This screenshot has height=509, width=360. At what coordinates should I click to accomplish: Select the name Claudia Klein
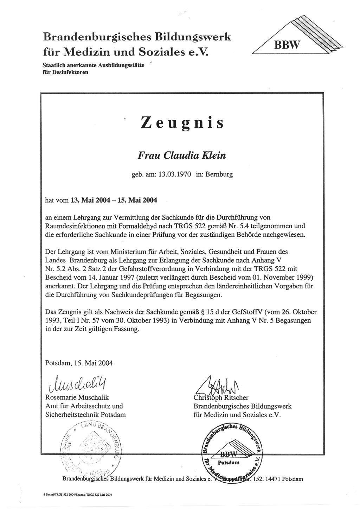coord(195,156)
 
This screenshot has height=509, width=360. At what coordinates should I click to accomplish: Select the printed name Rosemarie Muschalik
coord(77,398)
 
